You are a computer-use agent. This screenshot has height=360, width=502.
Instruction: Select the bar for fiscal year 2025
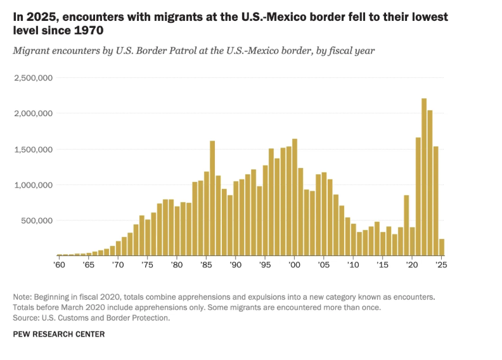[442, 247]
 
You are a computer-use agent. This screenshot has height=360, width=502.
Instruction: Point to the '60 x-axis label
[60, 264]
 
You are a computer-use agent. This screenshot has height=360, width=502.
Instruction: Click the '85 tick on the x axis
[206, 264]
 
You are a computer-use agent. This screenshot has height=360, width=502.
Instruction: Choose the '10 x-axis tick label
[353, 264]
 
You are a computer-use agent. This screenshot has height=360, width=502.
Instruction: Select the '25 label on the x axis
[441, 264]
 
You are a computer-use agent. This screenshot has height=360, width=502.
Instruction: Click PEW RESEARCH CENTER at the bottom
[59, 334]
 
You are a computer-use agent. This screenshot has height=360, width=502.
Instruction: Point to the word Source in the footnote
[26, 318]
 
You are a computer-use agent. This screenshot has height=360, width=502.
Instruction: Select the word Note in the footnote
[23, 297]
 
